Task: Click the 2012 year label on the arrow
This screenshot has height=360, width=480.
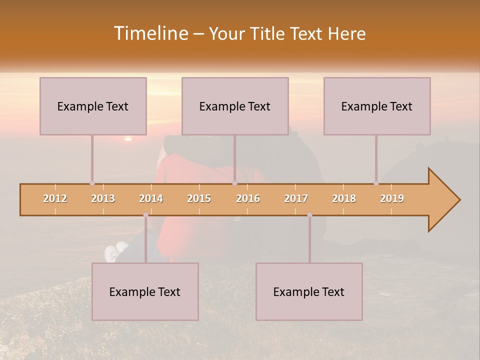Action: click(x=55, y=198)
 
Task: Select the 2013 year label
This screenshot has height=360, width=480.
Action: click(x=103, y=198)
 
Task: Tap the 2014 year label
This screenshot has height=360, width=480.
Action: click(x=151, y=198)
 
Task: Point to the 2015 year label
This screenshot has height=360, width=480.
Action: click(x=199, y=198)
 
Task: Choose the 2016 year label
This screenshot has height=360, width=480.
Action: click(x=248, y=198)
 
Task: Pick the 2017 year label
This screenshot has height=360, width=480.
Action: click(x=296, y=198)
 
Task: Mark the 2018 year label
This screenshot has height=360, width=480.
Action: click(x=344, y=198)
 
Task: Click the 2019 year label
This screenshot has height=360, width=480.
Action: click(x=392, y=198)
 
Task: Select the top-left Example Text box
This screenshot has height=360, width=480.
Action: click(x=93, y=106)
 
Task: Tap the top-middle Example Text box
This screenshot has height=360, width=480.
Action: click(x=235, y=106)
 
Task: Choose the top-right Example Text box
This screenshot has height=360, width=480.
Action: click(x=377, y=106)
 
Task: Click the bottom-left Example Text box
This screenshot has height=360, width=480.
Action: click(x=145, y=291)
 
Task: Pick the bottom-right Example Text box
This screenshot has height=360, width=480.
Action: click(x=309, y=291)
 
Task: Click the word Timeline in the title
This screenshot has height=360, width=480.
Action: click(x=150, y=33)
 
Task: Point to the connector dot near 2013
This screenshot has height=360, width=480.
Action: click(x=92, y=183)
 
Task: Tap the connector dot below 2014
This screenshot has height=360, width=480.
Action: click(x=145, y=215)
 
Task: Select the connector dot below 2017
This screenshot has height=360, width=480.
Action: click(x=309, y=215)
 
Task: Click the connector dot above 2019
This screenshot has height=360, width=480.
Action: click(x=376, y=183)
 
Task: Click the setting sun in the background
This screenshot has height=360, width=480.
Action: click(x=128, y=138)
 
